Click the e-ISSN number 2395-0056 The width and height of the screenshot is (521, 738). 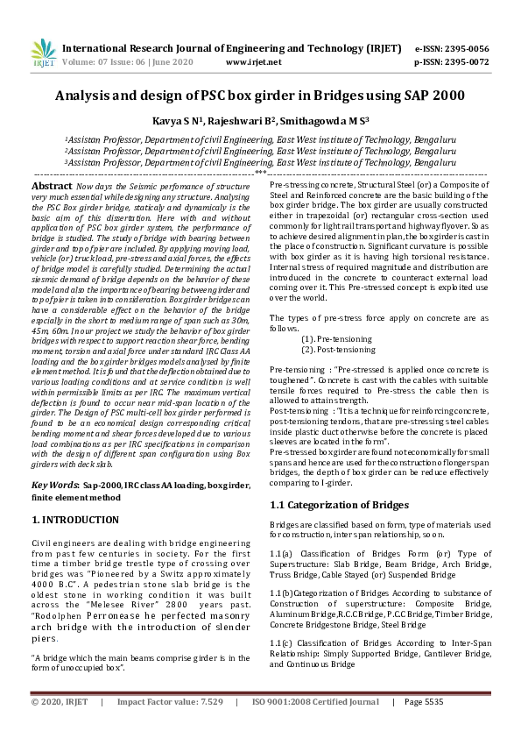coord(472,49)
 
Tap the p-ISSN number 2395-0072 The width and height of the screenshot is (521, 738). coord(472,62)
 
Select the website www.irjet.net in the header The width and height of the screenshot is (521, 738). coord(253,62)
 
